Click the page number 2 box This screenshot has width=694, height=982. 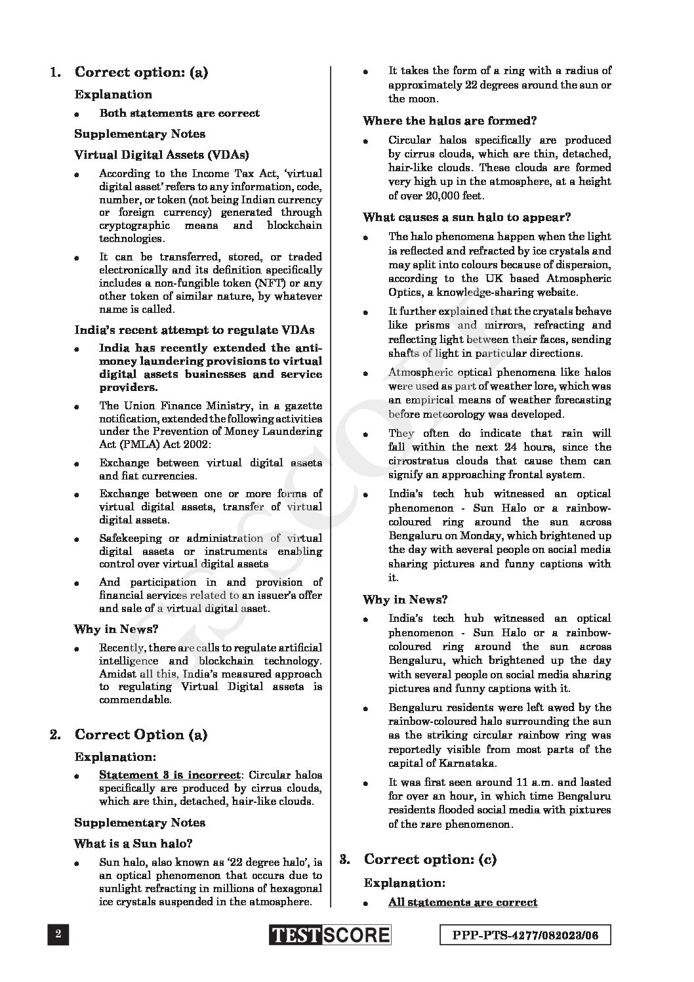(58, 935)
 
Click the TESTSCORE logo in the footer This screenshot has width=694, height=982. (329, 935)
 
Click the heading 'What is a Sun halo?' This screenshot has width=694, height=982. (133, 844)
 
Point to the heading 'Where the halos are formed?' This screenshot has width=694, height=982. (450, 121)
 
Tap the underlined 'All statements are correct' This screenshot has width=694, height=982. (462, 902)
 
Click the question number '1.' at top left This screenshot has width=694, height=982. (56, 72)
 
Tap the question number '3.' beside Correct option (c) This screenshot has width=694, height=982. (344, 859)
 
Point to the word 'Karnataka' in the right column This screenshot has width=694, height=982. (468, 763)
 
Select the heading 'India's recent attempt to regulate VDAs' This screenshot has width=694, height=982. (194, 329)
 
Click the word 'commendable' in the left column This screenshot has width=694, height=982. (134, 699)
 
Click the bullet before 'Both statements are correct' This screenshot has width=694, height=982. (77, 114)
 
